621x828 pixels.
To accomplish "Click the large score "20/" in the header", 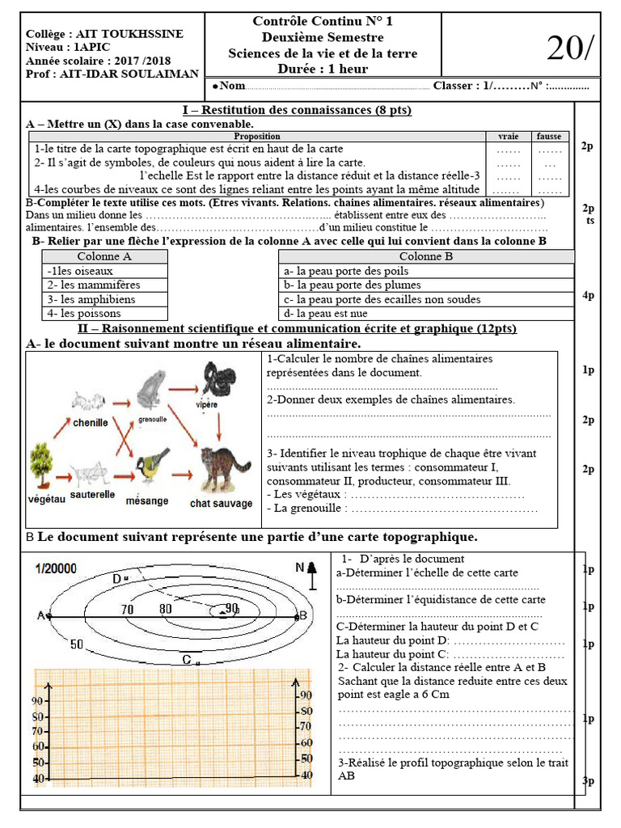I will [569, 49].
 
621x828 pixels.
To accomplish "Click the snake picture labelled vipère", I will [218, 378].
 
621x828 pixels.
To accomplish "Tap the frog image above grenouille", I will [150, 389].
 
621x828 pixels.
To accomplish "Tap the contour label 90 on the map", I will [232, 607].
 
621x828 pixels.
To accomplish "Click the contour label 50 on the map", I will [78, 644].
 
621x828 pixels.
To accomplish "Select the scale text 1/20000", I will [56, 568].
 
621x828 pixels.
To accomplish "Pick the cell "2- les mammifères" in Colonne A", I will [94, 285].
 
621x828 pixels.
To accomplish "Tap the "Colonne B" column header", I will [425, 256].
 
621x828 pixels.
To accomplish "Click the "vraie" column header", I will [508, 137].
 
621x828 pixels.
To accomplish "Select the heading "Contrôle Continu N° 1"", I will [323, 22].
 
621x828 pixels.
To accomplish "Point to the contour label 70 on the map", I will [128, 608].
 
